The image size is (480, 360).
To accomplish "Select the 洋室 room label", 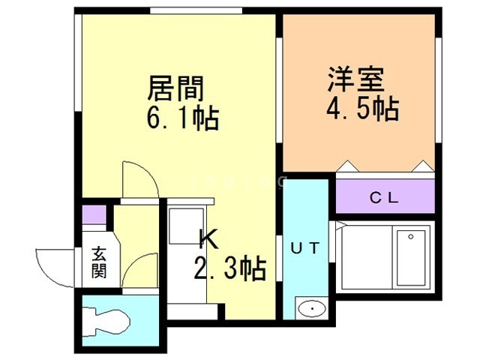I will pyautogui.click(x=355, y=80).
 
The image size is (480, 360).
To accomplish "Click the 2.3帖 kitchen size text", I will pyautogui.click(x=229, y=268).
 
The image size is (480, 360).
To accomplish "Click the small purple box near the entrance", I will pyautogui.click(x=92, y=213).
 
